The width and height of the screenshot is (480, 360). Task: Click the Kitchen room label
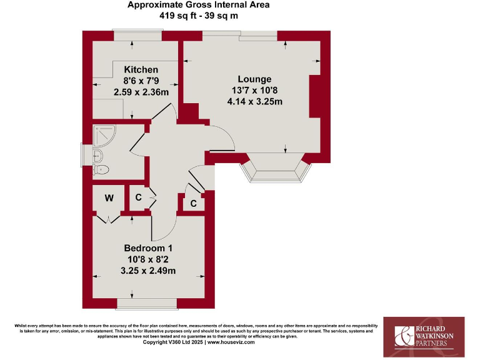[141, 69]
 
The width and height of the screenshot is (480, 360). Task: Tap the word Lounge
[254, 79]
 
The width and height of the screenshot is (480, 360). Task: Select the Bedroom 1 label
[149, 248]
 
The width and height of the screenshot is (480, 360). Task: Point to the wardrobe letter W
[109, 199]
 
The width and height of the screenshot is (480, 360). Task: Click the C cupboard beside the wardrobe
[138, 198]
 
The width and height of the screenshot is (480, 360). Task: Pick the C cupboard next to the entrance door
[193, 203]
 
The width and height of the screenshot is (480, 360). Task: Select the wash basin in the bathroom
[97, 154]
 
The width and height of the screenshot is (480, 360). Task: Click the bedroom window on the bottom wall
[146, 304]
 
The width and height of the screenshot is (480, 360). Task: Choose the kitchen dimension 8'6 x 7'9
[141, 81]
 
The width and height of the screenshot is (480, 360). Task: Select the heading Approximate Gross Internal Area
[198, 5]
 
